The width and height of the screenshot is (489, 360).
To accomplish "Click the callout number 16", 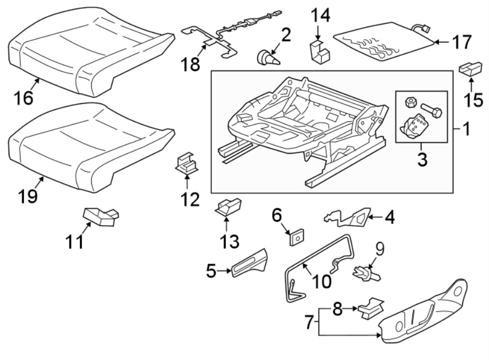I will (24, 98).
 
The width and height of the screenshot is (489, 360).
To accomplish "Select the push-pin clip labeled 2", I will (267, 57).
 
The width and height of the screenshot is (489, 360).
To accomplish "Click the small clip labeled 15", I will (471, 69).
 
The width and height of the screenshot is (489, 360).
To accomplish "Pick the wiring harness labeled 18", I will (228, 35).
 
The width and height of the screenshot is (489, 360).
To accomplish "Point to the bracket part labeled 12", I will (186, 164).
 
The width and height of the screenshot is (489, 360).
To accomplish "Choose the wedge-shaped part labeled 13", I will (229, 206).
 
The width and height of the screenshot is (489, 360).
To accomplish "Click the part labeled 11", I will (101, 216).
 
